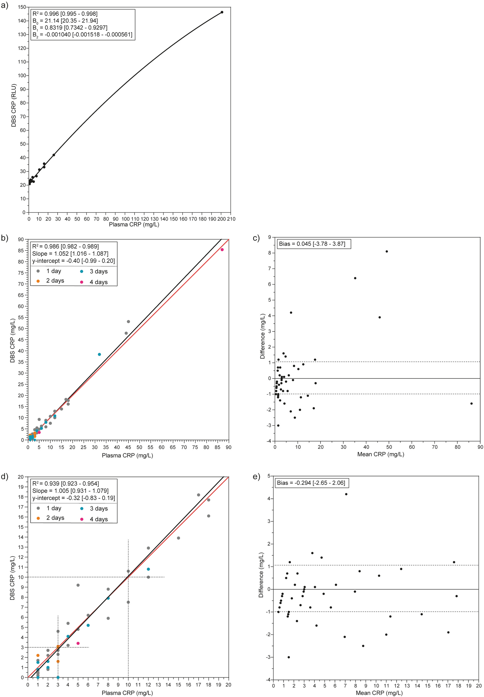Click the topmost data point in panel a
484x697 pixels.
tap(222, 12)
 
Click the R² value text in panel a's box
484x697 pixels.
tap(65, 14)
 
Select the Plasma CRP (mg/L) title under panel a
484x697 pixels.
tap(134, 225)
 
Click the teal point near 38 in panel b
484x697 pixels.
tap(99, 354)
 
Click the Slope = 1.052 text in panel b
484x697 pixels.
tap(70, 254)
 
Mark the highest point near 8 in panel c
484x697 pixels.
tap(387, 252)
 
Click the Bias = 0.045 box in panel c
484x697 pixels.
tap(312, 244)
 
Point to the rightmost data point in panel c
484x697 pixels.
tap(471, 404)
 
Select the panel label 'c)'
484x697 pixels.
tap(256, 238)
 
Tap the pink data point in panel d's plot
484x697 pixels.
tap(78, 643)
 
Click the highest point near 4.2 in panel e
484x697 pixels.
tap(346, 494)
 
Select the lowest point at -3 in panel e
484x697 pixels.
tap(289, 657)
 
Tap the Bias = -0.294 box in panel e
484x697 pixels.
tap(311, 483)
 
